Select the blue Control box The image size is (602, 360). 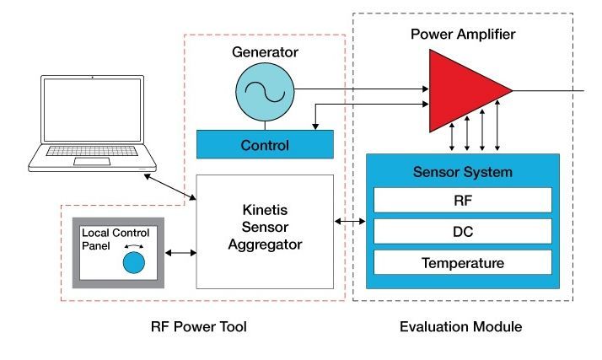(x=265, y=144)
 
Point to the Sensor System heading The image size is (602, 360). (x=464, y=172)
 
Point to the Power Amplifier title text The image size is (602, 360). (x=462, y=35)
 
